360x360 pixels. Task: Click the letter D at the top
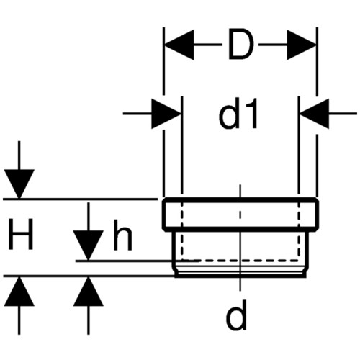(x=240, y=44)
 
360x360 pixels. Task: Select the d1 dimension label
(x=238, y=113)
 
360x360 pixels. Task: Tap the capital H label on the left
(x=20, y=234)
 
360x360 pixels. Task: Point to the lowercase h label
(x=122, y=235)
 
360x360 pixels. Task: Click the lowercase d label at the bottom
(x=236, y=315)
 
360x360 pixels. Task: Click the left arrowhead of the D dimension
(x=179, y=45)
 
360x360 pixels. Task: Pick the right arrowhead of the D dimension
(x=302, y=45)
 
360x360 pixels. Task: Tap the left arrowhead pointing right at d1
(x=166, y=113)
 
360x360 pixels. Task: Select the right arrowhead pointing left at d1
(x=315, y=113)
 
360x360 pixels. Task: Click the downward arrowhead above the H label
(x=19, y=184)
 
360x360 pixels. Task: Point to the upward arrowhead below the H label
(x=19, y=292)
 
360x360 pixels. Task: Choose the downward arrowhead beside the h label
(x=89, y=245)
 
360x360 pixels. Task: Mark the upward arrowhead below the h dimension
(x=89, y=292)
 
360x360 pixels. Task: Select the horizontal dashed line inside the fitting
(x=240, y=260)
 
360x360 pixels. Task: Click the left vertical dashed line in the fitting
(x=181, y=231)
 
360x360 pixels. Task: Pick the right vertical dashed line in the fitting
(x=299, y=231)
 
